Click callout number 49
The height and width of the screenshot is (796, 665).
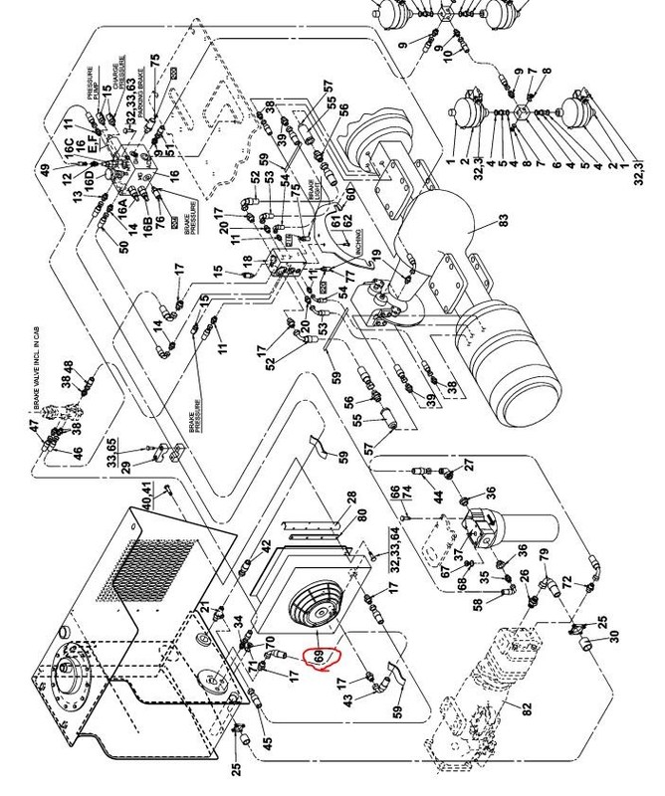point(44,170)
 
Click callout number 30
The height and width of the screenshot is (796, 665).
point(614,636)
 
